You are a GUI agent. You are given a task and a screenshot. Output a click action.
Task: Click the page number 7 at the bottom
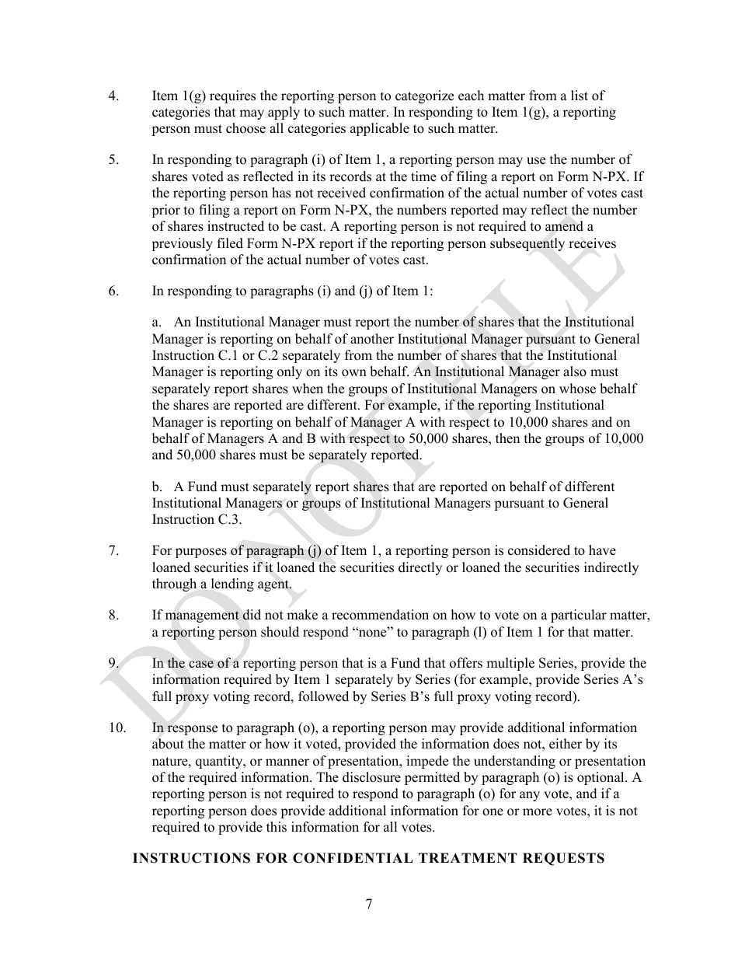click(369, 904)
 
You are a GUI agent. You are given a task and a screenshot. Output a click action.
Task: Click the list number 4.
click(113, 96)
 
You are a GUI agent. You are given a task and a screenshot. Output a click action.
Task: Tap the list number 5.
click(113, 160)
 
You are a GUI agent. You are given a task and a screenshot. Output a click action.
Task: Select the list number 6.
click(113, 291)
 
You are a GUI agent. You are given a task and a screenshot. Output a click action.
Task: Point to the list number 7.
click(113, 551)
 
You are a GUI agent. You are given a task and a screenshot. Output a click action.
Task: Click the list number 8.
click(113, 616)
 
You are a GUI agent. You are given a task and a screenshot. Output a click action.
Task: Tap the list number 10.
click(117, 728)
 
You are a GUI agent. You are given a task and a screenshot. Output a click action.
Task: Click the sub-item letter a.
click(156, 323)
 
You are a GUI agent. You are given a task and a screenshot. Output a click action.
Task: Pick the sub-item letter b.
click(157, 487)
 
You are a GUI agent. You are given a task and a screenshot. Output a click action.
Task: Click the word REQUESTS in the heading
click(567, 858)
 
